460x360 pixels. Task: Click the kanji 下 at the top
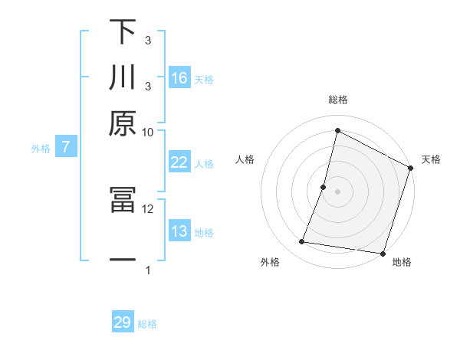point(123,32)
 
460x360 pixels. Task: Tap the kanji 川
point(123,78)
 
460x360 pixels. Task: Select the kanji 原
point(123,123)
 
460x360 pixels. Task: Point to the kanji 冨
point(123,201)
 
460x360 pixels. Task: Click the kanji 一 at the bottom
point(123,260)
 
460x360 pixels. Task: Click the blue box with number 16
point(179,78)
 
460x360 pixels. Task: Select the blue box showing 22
point(179,162)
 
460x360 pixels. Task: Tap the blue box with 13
point(179,231)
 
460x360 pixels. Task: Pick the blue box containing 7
point(66,148)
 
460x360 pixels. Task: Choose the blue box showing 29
point(123,322)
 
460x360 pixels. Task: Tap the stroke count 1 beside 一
point(148,270)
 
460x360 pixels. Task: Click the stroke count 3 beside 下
point(147,40)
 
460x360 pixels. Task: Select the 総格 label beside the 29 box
point(147,324)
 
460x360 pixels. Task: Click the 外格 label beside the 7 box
point(41,149)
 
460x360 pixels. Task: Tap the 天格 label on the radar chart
point(431,159)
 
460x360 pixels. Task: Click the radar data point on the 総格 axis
point(337,130)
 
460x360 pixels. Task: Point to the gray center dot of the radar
point(337,191)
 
